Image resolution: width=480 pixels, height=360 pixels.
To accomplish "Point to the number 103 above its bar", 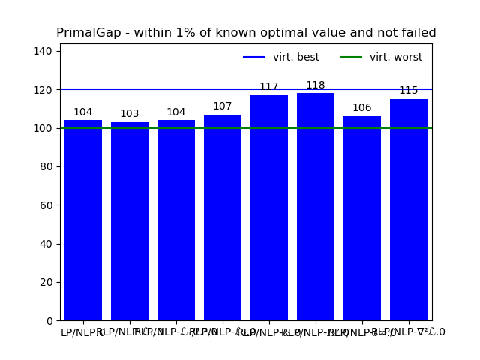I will pos(130,114).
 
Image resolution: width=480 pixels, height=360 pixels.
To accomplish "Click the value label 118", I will pos(316,85).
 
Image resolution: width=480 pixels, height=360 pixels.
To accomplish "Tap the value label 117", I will pos(269,87).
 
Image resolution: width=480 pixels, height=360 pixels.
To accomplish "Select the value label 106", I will pos(362,108).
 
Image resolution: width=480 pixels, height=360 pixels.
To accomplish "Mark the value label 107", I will pos(223,106).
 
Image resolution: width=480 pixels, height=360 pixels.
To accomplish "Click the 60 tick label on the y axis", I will pos(46,205).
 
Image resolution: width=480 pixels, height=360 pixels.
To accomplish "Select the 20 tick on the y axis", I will pos(46,282).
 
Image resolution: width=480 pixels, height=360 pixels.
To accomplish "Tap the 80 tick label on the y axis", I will pos(46,166).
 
